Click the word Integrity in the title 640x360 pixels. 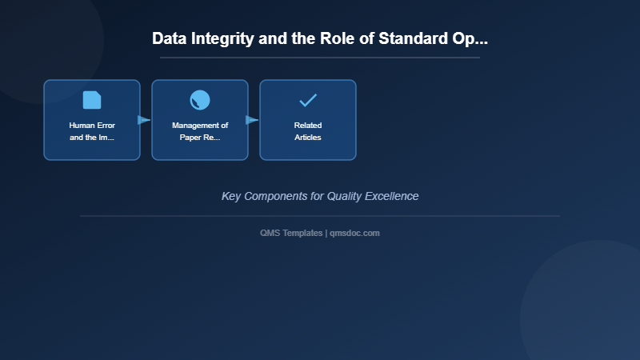220,39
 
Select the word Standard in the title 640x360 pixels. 416,39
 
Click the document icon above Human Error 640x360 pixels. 92,100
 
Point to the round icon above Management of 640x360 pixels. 200,100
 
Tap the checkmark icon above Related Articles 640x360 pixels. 308,100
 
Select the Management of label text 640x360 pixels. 200,126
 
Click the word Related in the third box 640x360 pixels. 308,126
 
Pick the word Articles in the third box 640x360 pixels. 308,138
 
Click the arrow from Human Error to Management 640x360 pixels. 145,120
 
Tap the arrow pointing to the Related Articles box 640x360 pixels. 253,120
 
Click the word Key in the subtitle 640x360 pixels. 230,196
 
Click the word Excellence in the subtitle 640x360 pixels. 393,196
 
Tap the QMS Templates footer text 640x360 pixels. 292,233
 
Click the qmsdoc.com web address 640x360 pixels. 354,233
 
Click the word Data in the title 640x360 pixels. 169,39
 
